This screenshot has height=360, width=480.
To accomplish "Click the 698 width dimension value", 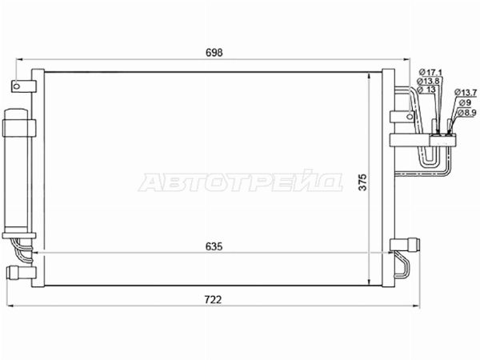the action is [x=214, y=53].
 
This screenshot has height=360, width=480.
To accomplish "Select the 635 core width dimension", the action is [x=214, y=246].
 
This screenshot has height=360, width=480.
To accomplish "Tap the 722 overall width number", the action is [x=213, y=299].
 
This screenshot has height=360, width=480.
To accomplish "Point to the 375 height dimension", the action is [x=362, y=182].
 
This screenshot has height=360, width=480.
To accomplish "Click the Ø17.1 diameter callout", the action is [x=430, y=73].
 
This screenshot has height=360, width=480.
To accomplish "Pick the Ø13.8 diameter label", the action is [x=428, y=81].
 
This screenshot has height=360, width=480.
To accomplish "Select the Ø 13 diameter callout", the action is [x=426, y=90].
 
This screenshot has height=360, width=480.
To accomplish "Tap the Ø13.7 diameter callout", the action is [x=466, y=92].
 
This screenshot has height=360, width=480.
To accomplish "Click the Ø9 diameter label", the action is [x=465, y=102].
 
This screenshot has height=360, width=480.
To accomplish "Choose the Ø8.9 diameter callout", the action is [x=467, y=112].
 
